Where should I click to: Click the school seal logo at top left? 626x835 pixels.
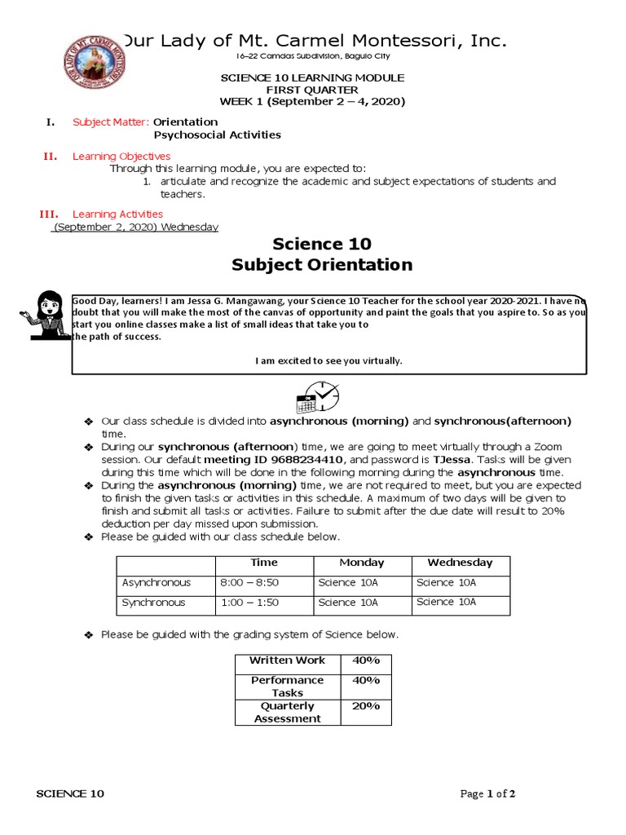95,64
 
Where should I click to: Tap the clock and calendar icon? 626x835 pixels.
317,397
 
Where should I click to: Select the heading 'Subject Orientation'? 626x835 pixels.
322,265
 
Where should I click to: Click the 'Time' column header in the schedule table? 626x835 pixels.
264,563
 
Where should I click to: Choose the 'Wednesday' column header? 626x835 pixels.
460,563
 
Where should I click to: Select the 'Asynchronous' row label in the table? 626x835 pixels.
156,583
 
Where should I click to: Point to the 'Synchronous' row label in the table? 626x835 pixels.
154,603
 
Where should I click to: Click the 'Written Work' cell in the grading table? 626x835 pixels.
287,660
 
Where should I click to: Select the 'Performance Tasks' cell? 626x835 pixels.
287,687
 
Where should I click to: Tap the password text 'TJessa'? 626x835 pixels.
451,460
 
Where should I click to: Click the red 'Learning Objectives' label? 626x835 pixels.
121,156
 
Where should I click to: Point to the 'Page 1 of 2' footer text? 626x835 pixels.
487,794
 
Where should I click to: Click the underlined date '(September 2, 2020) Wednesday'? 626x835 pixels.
135,228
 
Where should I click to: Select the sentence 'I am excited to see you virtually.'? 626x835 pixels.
328,360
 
